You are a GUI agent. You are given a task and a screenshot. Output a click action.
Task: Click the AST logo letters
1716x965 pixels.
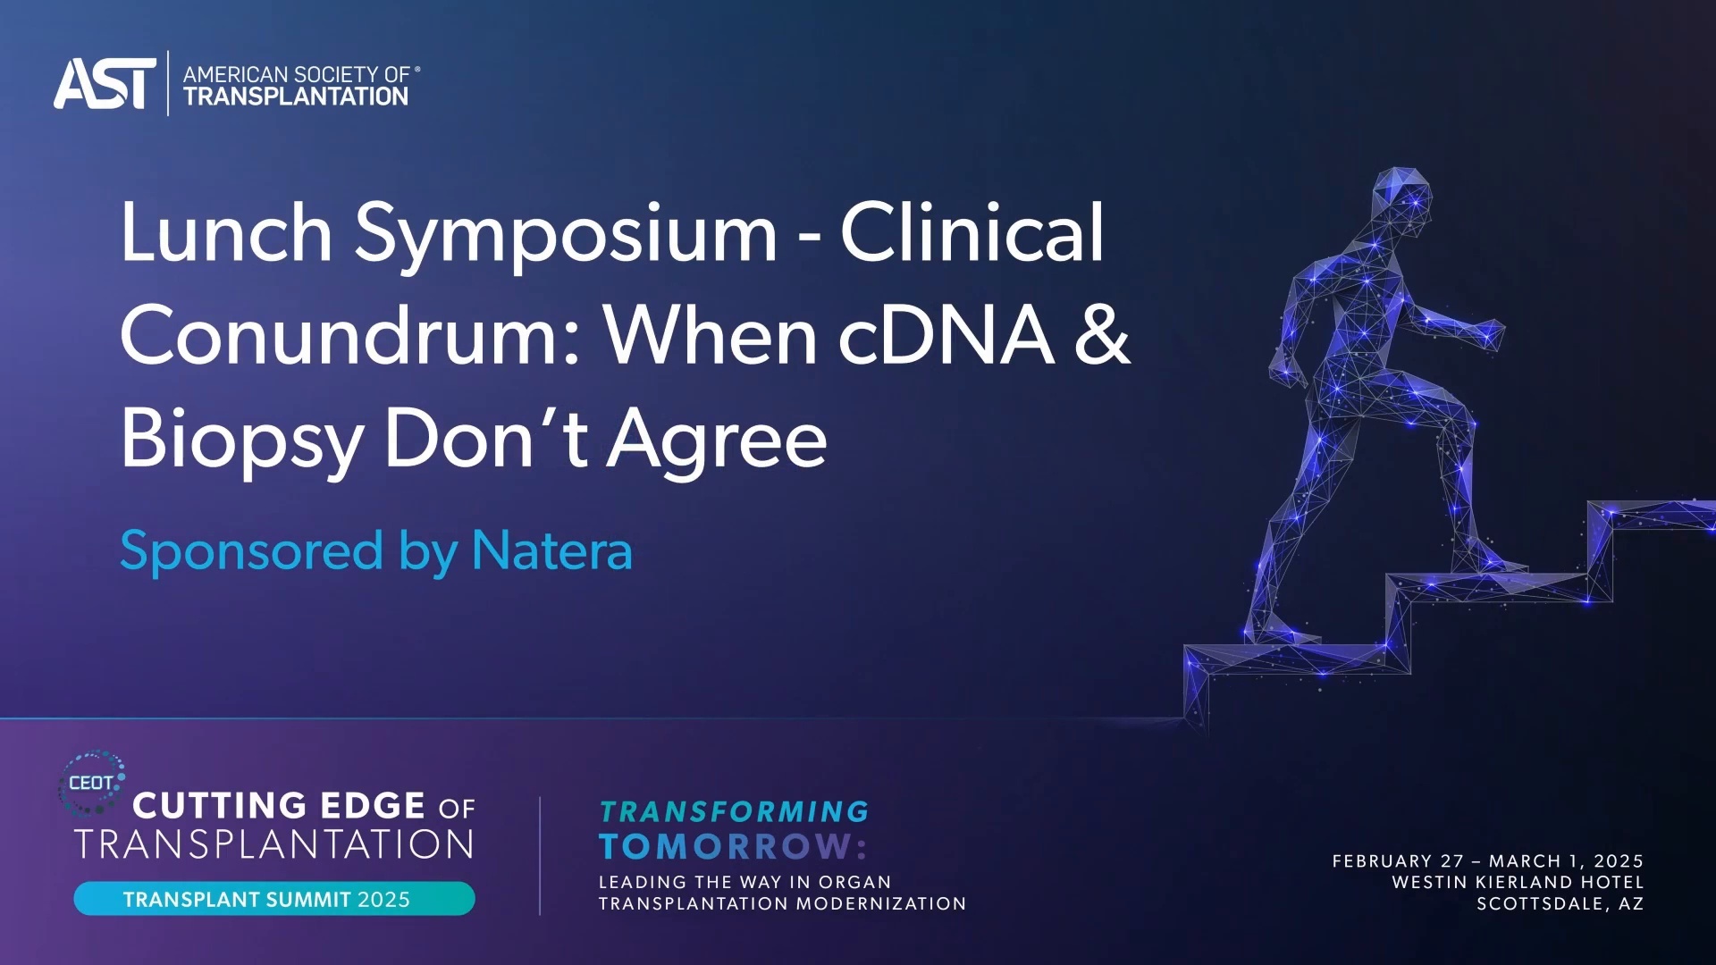tap(104, 84)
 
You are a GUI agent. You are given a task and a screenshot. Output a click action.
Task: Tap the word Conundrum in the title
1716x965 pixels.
tap(350, 336)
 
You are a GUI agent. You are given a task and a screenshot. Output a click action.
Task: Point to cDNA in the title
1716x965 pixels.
tap(946, 336)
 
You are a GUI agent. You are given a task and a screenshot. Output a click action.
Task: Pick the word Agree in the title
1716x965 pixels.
tap(717, 440)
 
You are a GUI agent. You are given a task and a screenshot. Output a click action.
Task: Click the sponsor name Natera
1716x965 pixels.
tap(551, 550)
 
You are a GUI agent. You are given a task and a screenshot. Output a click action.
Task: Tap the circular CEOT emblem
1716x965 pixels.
tap(91, 783)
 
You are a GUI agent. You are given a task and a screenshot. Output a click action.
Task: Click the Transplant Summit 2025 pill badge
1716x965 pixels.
tap(273, 899)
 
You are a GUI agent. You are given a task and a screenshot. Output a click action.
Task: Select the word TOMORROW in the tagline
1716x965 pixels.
tap(726, 846)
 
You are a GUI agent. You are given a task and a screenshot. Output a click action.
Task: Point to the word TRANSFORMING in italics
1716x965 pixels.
tap(734, 811)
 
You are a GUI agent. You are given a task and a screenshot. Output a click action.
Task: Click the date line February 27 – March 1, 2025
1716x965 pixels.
tap(1487, 861)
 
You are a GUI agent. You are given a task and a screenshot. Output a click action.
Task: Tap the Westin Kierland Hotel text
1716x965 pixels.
tap(1517, 883)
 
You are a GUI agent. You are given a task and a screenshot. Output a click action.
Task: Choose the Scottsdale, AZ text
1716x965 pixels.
tap(1560, 904)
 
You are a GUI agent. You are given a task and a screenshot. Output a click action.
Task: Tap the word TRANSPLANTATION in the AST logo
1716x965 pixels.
tap(296, 96)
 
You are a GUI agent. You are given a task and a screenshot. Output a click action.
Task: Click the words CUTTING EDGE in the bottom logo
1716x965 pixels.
tap(279, 806)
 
